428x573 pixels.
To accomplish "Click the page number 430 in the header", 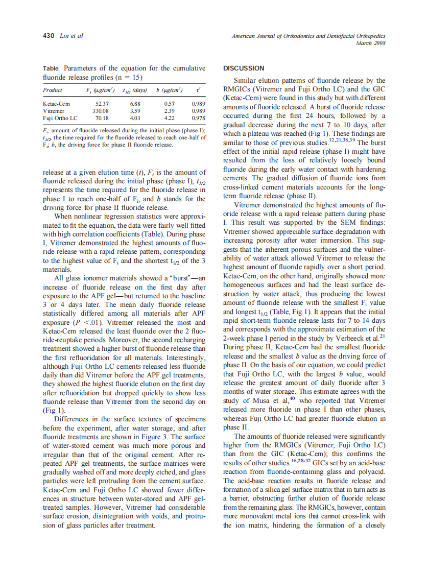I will click(x=48, y=36).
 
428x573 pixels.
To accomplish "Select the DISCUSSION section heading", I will click(x=244, y=68).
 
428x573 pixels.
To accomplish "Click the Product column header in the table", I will click(x=53, y=90).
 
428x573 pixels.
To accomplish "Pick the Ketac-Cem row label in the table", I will click(x=56, y=103).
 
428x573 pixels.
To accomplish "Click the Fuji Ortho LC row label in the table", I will click(x=60, y=117).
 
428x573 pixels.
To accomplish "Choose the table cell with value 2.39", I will click(x=169, y=110).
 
